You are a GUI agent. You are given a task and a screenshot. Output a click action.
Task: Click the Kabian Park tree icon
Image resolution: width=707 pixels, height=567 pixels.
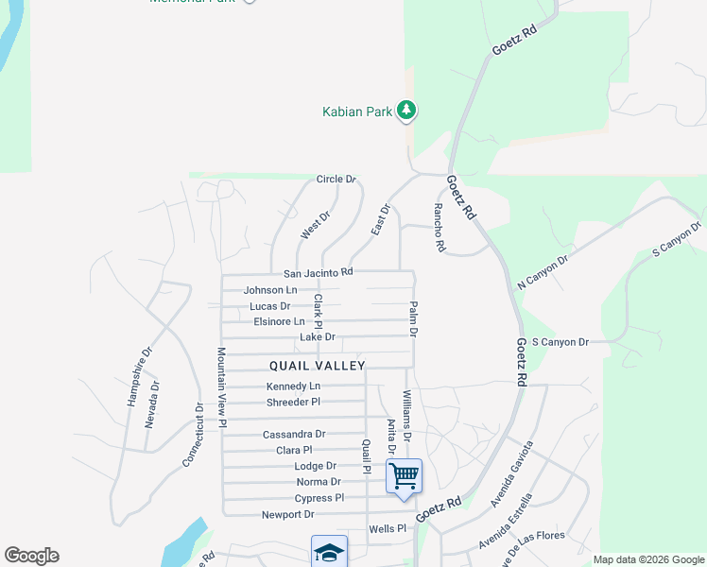coord(406,112)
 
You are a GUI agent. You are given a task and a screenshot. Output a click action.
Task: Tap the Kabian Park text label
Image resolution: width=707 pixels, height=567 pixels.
coord(356,112)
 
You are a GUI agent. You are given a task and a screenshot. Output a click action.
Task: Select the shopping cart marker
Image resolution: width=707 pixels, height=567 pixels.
coord(404,477)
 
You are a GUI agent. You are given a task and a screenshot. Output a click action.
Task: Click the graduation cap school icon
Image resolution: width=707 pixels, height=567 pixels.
coord(329,552)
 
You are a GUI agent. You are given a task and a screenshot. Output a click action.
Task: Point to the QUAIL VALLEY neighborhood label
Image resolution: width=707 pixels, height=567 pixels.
coord(317,365)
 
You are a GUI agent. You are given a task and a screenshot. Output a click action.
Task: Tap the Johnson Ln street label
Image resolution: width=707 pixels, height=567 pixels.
coord(270,290)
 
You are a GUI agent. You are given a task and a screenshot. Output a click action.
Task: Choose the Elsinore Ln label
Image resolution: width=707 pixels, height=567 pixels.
coord(279,321)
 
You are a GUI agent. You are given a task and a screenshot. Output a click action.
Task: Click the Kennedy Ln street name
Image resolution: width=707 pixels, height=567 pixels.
coord(293,387)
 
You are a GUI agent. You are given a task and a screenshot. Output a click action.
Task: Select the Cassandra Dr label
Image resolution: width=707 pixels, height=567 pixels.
coord(293,435)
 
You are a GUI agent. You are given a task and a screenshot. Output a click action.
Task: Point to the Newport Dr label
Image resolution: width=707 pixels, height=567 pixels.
coord(287,515)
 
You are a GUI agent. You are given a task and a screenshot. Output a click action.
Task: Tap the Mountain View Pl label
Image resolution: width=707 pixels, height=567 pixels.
coord(221,387)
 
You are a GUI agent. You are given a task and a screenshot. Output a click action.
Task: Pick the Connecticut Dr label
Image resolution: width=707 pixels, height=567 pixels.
coord(194,435)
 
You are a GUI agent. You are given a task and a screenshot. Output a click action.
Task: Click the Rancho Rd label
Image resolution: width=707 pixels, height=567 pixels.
coord(439,229)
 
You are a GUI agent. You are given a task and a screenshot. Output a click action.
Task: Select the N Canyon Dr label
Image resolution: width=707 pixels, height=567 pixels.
coord(543,273)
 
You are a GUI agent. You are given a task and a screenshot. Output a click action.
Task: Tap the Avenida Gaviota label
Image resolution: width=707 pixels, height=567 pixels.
coord(511,473)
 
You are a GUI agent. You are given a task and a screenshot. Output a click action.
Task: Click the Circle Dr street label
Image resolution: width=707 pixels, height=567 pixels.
coord(336,179)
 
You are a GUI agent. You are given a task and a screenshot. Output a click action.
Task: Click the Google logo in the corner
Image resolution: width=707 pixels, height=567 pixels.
coord(31,556)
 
